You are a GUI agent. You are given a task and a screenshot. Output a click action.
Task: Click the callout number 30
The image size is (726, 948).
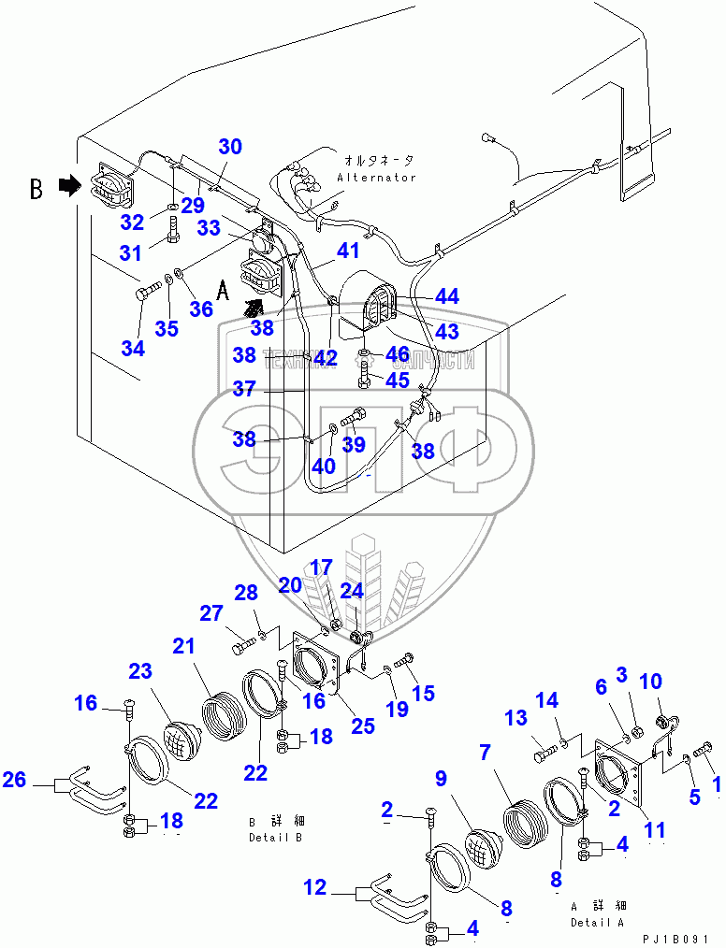(x=230, y=147)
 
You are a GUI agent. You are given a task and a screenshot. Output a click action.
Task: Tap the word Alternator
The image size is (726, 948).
(x=376, y=178)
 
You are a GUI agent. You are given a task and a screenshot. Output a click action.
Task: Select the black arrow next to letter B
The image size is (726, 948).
(x=69, y=187)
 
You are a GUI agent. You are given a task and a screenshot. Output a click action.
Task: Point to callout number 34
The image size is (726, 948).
(x=133, y=349)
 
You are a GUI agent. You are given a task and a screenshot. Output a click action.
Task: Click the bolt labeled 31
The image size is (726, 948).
(x=174, y=228)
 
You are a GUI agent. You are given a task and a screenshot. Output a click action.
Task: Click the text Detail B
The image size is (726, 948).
(x=276, y=838)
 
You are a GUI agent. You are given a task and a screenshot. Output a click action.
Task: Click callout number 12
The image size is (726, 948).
(x=315, y=887)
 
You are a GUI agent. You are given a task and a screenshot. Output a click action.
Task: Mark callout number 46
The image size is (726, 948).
(x=398, y=354)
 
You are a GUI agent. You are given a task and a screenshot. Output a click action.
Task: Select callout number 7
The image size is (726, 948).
(x=484, y=752)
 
